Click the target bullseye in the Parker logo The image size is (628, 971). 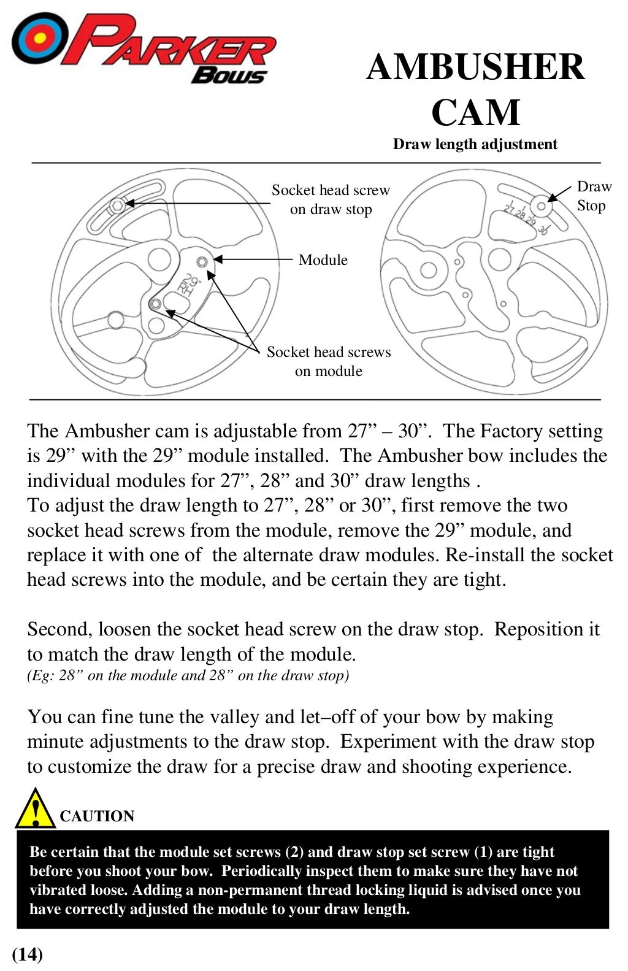(39, 39)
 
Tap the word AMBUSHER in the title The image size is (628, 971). (475, 67)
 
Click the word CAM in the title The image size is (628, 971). (475, 112)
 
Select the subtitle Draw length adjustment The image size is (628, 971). (475, 144)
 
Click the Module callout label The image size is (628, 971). (323, 260)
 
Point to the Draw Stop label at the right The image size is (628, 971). (593, 196)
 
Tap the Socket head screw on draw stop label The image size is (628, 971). (331, 199)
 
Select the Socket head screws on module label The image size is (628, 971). (329, 361)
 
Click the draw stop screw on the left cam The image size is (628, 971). (117, 205)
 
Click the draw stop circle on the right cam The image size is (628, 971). (541, 205)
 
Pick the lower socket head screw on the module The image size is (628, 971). (156, 304)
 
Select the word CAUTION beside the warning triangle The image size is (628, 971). (97, 816)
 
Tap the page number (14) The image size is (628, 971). (28, 954)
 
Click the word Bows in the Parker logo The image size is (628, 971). (229, 75)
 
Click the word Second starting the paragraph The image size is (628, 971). (59, 629)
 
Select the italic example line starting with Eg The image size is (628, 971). (188, 675)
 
